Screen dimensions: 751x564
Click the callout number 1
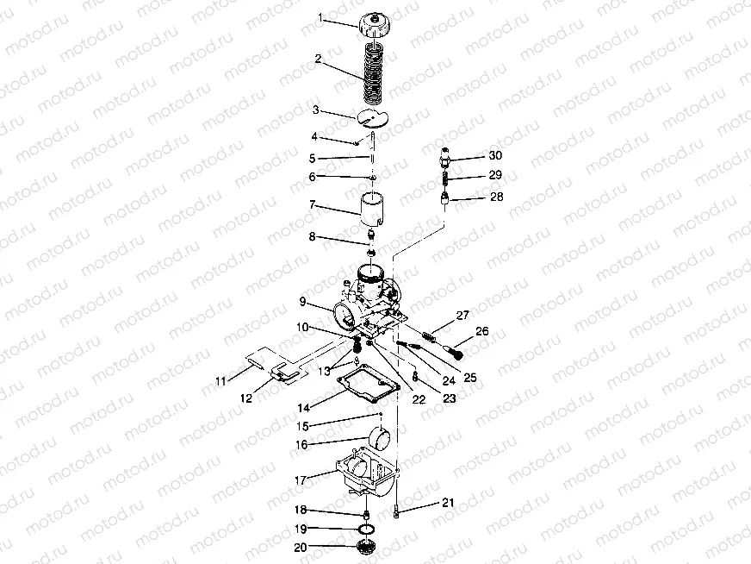click(320, 18)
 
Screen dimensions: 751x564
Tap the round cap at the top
click(375, 27)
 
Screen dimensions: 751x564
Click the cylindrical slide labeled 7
click(373, 210)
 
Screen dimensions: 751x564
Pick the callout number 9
click(302, 302)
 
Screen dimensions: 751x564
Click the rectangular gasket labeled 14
click(368, 384)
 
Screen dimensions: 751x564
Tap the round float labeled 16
click(379, 437)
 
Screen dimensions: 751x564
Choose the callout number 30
click(495, 155)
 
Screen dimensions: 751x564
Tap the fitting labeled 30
click(445, 158)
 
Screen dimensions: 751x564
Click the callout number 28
click(497, 197)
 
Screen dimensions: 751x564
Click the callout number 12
click(246, 398)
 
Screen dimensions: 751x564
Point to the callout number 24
click(449, 381)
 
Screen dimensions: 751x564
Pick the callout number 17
click(301, 480)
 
